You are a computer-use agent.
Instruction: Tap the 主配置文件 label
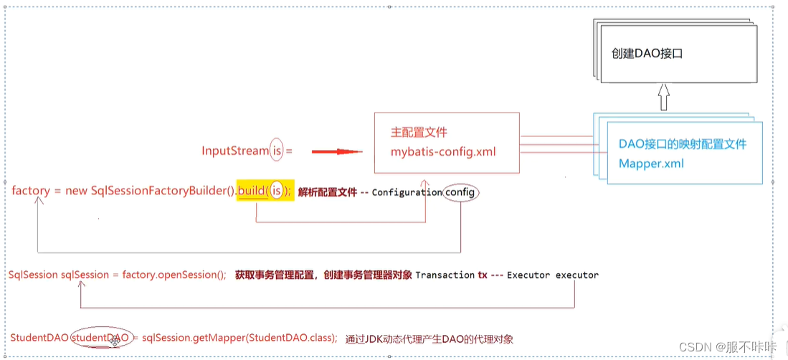click(419, 133)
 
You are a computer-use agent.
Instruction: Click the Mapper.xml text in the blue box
click(651, 163)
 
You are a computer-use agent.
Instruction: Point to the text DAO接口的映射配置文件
click(682, 144)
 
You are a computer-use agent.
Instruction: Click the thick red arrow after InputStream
click(334, 151)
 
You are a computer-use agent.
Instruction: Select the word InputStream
click(235, 151)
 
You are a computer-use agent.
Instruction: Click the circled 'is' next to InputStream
click(277, 151)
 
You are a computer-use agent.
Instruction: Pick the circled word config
click(460, 192)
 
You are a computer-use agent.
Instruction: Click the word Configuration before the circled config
click(407, 192)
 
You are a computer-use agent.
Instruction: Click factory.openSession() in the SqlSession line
click(174, 275)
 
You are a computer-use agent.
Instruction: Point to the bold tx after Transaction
click(482, 275)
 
